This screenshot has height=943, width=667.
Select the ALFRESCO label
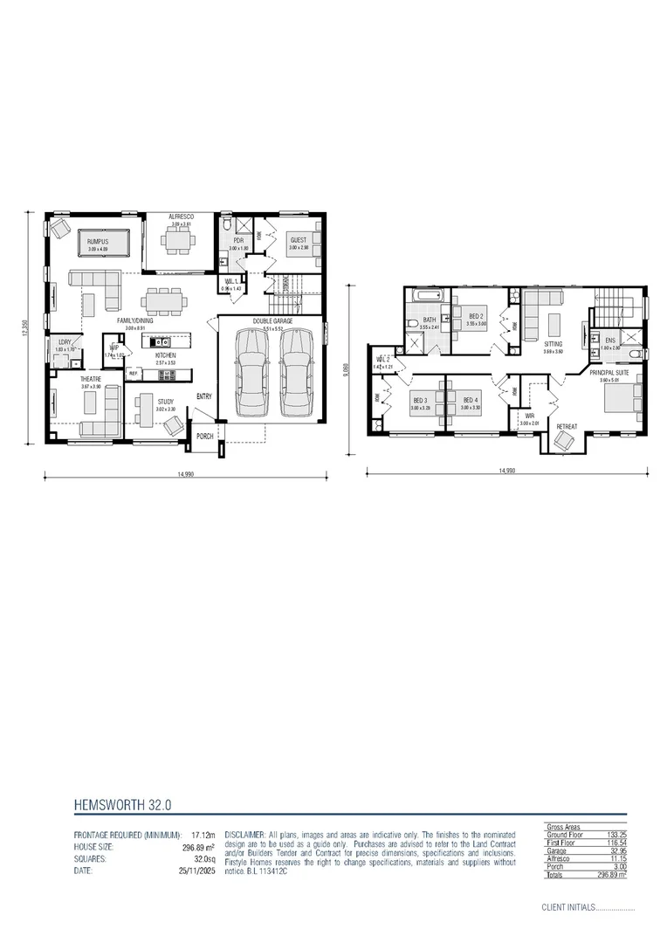coord(181,216)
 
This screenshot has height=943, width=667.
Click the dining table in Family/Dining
coord(165,301)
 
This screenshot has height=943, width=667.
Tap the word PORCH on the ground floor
coord(205,436)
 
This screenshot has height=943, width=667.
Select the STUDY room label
coord(166,403)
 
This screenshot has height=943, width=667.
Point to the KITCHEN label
coord(166,356)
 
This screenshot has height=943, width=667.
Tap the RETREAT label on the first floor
coord(567,427)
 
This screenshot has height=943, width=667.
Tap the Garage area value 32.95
coord(616,851)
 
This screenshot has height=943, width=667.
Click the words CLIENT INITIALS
coord(567,907)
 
